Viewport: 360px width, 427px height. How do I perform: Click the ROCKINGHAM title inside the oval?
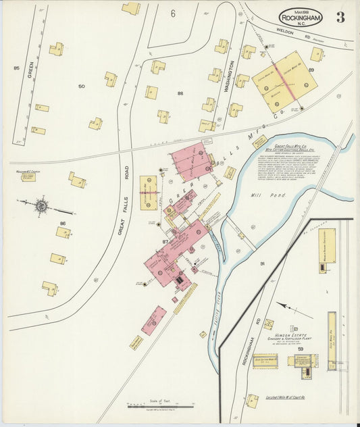301,17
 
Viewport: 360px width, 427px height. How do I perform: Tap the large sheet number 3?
340,18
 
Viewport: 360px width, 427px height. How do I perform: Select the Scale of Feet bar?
161,406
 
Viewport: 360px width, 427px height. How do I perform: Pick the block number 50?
81,86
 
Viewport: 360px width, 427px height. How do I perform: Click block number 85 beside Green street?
16,68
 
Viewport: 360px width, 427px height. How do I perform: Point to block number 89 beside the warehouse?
311,70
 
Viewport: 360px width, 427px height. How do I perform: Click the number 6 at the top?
173,14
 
